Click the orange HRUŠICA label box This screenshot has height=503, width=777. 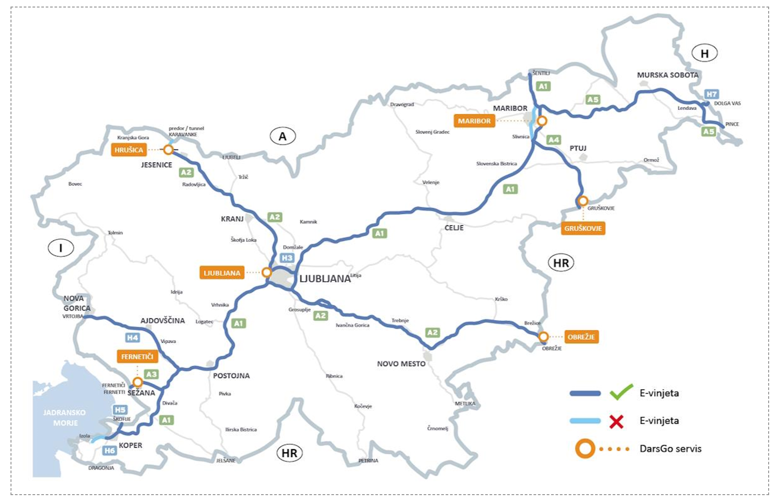coord(129,150)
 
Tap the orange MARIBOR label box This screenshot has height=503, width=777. coord(474,121)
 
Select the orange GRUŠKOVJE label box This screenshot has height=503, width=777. coord(583,228)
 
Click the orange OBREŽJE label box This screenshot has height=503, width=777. coord(581,337)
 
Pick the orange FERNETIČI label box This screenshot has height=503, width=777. coord(137,357)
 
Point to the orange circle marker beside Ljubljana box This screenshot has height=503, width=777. coord(266,272)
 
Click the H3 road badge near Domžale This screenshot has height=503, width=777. coord(287,258)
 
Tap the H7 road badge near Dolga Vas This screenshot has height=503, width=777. coord(712,94)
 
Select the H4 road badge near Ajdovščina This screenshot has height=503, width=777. coord(132,337)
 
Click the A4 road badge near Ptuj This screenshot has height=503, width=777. coord(553,140)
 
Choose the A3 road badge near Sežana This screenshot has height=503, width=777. coord(151,374)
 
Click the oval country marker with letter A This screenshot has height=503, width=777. coord(283,137)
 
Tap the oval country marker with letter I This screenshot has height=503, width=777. coord(61,248)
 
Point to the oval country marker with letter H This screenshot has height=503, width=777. coord(704,54)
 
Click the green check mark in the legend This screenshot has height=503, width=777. coord(621,392)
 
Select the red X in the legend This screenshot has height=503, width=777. coord(617,421)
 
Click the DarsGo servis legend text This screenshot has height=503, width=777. coord(670,449)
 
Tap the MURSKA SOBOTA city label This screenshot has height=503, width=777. coord(668,75)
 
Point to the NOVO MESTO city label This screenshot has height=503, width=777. coord(401,364)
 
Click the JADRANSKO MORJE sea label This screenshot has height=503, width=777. coord(65,418)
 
